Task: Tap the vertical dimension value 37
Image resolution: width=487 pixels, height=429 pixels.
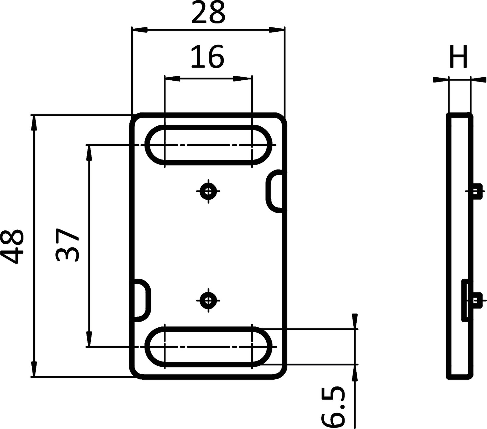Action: pyautogui.click(x=68, y=245)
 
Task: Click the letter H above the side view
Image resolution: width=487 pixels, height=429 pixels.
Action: pyautogui.click(x=458, y=57)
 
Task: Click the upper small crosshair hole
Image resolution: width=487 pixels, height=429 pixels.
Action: pyautogui.click(x=208, y=191)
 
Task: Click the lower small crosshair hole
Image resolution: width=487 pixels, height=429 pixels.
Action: pyautogui.click(x=208, y=300)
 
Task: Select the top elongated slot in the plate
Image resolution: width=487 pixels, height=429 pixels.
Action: pyautogui.click(x=208, y=145)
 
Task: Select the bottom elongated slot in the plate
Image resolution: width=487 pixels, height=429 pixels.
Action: pyautogui.click(x=208, y=347)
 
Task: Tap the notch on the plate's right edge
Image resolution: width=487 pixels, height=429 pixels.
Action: pyautogui.click(x=275, y=191)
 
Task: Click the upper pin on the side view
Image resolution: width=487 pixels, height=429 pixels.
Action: pyautogui.click(x=477, y=191)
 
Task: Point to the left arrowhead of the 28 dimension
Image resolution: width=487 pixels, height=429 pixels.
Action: pyautogui.click(x=139, y=30)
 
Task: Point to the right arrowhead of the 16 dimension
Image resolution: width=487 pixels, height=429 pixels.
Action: pyautogui.click(x=243, y=79)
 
